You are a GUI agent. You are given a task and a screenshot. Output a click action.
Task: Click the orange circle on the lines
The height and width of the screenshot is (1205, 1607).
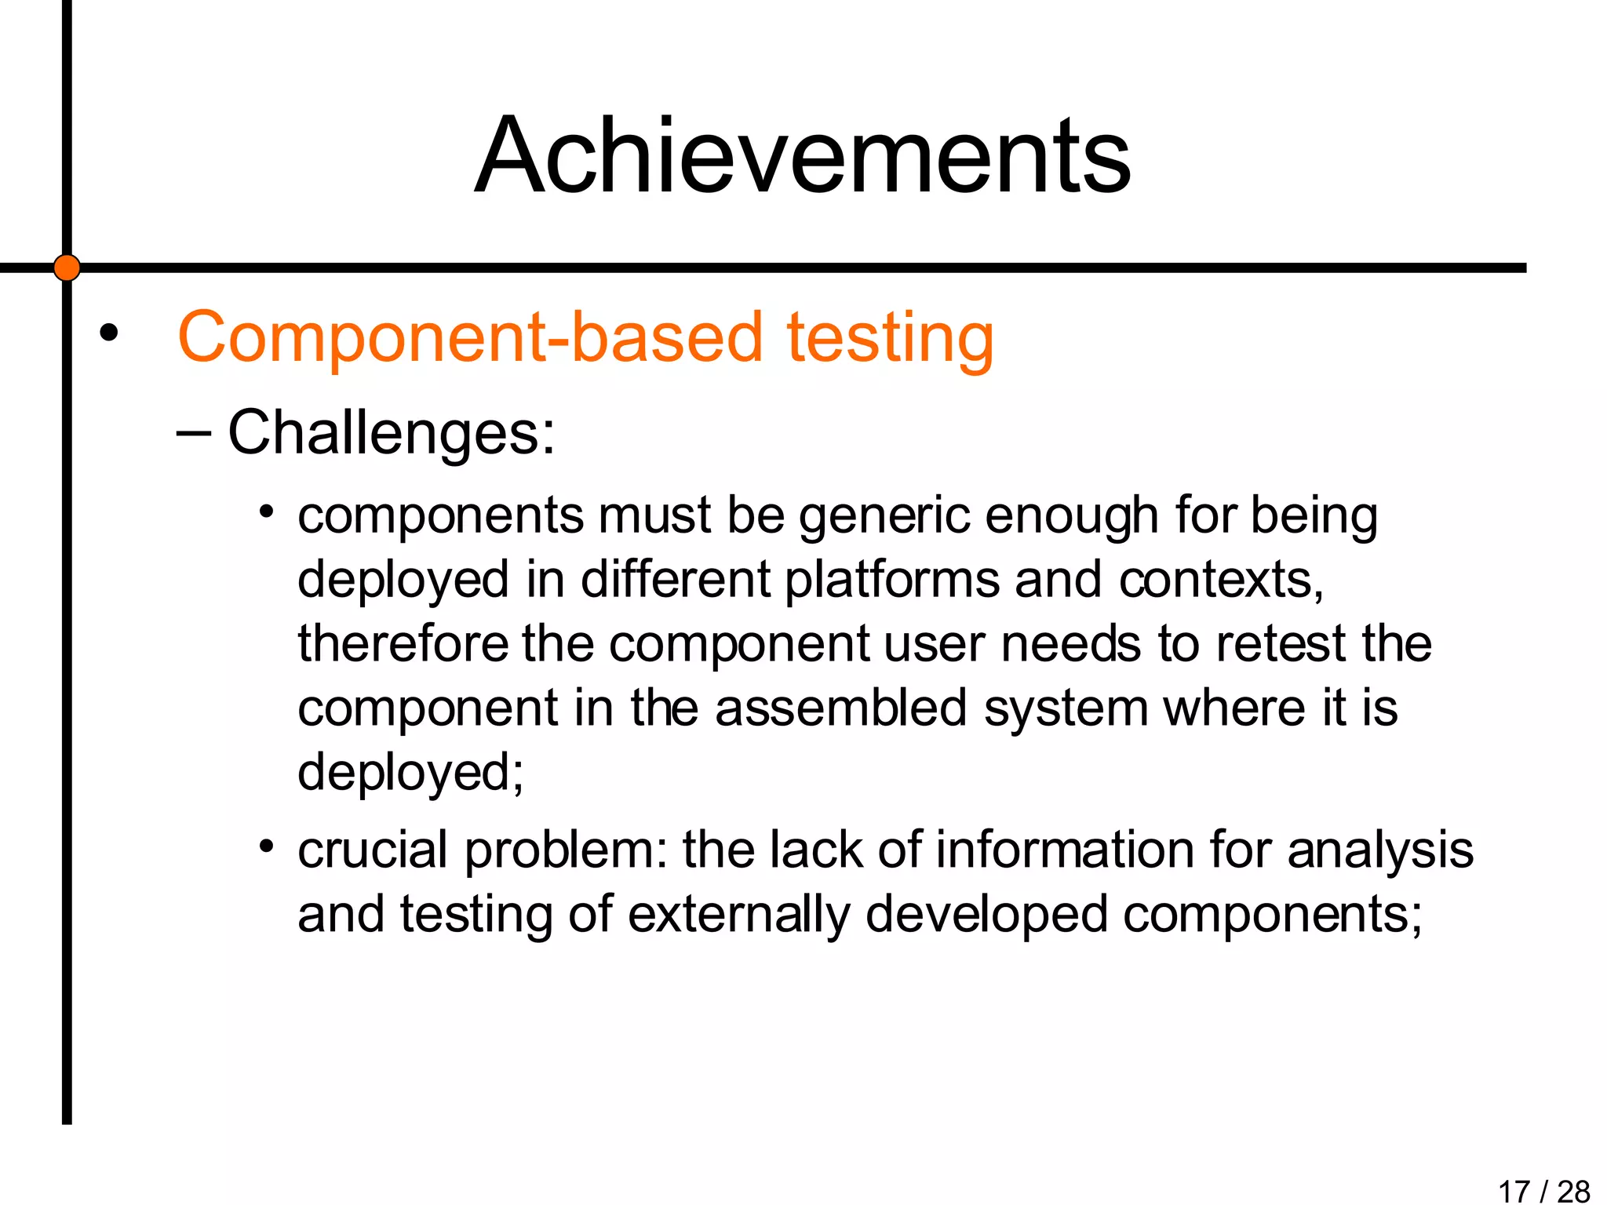click(67, 268)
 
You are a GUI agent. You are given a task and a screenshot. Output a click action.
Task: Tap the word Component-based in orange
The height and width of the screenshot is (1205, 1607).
click(470, 337)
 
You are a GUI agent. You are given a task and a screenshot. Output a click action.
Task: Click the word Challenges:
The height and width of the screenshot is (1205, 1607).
click(391, 433)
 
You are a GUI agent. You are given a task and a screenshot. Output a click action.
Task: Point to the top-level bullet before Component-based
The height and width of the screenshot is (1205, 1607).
click(108, 333)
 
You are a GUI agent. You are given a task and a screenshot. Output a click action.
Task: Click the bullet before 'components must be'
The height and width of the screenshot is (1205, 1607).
click(267, 512)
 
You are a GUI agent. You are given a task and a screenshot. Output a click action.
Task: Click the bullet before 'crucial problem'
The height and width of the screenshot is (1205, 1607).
click(267, 846)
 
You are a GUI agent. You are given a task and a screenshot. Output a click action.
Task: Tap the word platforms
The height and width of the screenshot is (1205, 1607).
click(892, 581)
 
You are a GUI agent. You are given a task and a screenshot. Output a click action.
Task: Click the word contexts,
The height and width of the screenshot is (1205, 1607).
click(1221, 581)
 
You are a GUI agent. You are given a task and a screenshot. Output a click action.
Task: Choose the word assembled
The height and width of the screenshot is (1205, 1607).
click(840, 708)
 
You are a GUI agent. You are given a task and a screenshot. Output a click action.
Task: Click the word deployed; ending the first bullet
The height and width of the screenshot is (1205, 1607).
click(410, 773)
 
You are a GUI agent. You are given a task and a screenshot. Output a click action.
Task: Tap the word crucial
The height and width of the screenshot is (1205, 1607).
click(373, 850)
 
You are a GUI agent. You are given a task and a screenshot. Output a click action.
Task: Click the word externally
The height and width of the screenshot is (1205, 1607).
click(738, 915)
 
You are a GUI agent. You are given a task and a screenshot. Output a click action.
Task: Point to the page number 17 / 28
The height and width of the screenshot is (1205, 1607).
click(1543, 1191)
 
